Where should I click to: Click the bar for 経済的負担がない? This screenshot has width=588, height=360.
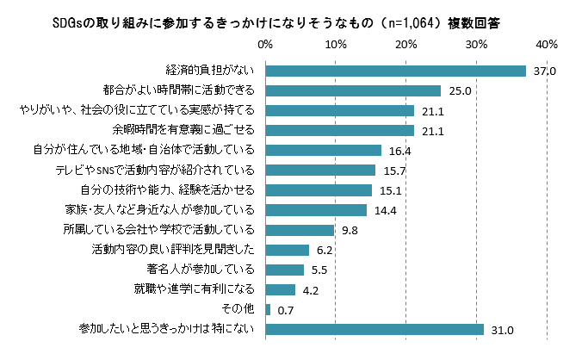coord(396,71)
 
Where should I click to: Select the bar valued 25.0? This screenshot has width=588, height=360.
coord(353,90)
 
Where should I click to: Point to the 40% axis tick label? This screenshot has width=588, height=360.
coord(547,44)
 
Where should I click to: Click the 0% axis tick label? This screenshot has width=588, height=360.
coord(266,44)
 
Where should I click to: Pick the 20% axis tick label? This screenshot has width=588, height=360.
coord(406,44)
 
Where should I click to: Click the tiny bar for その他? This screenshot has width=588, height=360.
coord(269,309)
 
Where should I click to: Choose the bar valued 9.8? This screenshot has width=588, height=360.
coord(300,230)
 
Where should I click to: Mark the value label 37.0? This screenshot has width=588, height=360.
coord(544,71)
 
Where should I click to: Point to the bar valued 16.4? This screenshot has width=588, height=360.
coord(324,150)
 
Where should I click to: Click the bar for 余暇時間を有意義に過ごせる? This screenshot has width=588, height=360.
coord(340,130)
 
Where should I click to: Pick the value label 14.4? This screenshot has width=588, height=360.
coord(384,210)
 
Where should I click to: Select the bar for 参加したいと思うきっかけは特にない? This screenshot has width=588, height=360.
coord(374,329)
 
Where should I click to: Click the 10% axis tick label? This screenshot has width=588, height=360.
coord(336,44)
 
